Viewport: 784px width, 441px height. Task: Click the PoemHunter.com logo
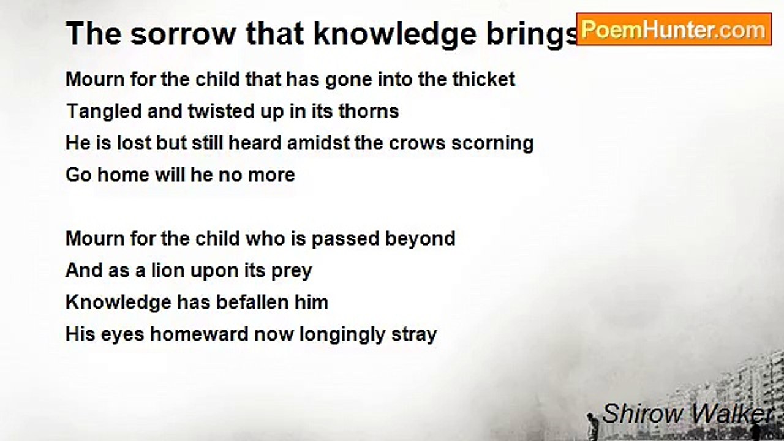674,29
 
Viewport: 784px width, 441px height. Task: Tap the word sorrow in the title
183,34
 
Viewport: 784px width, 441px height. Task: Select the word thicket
484,79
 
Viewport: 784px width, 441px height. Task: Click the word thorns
369,111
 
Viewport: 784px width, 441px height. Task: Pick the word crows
417,143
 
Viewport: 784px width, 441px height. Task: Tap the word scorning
492,144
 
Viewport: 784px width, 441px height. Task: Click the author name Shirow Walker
687,413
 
